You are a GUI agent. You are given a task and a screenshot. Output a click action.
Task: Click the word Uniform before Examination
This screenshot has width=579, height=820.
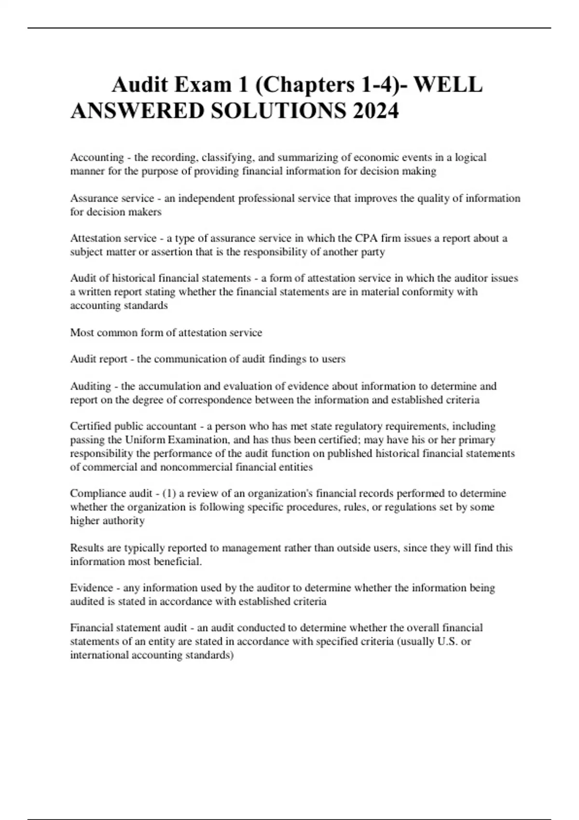(x=145, y=440)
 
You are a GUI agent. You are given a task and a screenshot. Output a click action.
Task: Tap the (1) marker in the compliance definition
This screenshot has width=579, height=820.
(x=169, y=493)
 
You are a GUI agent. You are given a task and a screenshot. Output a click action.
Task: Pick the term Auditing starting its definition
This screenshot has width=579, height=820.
(x=91, y=386)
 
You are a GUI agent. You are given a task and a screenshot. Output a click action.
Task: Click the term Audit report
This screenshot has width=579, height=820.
(x=100, y=359)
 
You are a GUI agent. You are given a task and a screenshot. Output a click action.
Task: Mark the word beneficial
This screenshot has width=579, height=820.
(x=177, y=561)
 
